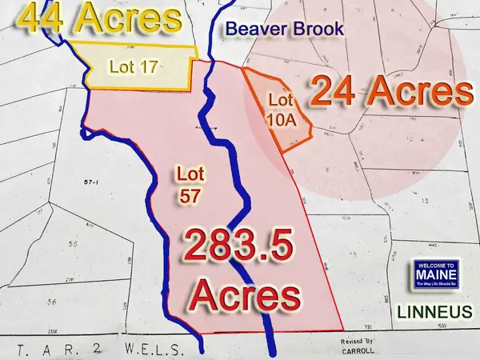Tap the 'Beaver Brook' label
pos(283,30)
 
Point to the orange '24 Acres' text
pos(390,93)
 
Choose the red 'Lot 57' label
pos(186,183)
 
